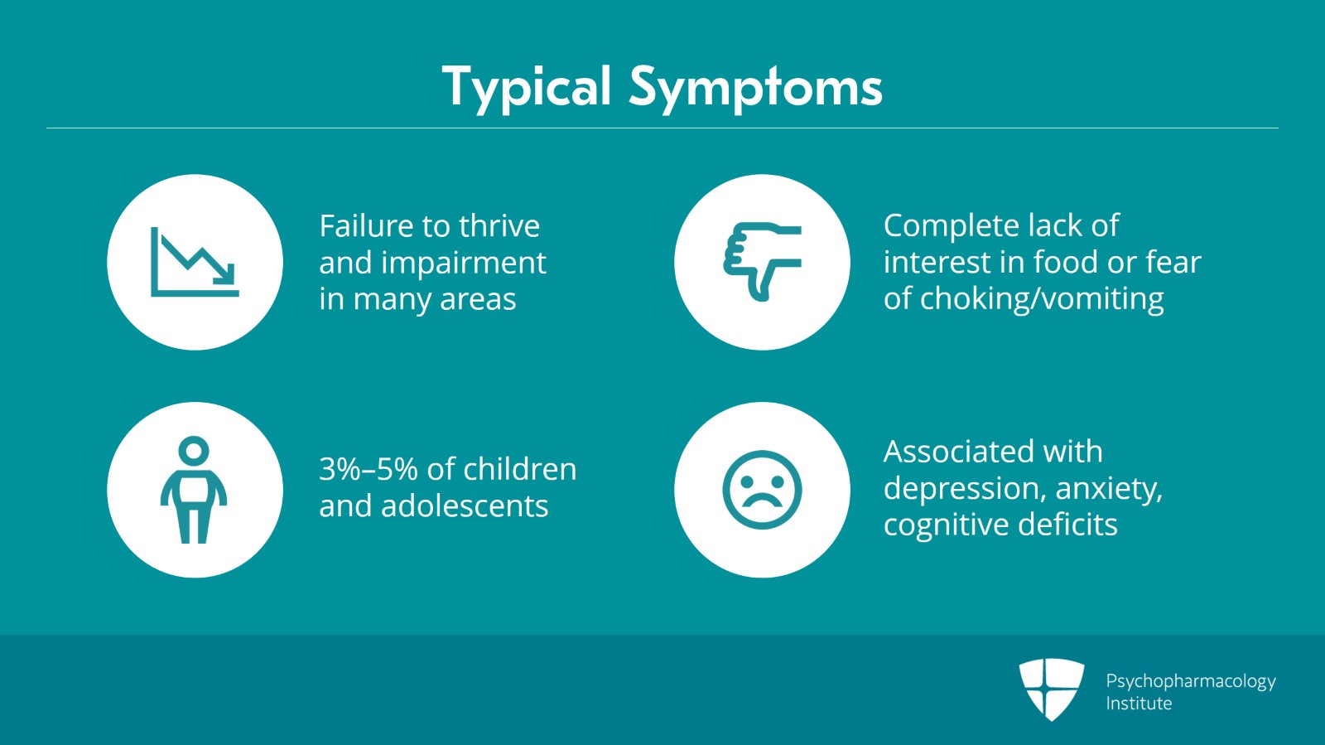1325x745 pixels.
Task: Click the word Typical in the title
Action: point(527,88)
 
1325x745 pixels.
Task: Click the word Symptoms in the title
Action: point(755,88)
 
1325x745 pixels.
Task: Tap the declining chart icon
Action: point(195,262)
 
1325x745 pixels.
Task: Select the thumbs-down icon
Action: point(763,261)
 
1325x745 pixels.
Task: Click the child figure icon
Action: point(194,490)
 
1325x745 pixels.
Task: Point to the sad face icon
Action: point(762,490)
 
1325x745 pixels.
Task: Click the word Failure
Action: point(367,225)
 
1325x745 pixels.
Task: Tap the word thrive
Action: point(499,225)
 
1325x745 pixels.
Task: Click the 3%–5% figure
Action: point(368,469)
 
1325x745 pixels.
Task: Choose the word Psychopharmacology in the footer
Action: point(1190,682)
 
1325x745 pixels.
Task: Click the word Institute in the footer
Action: point(1139,704)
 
